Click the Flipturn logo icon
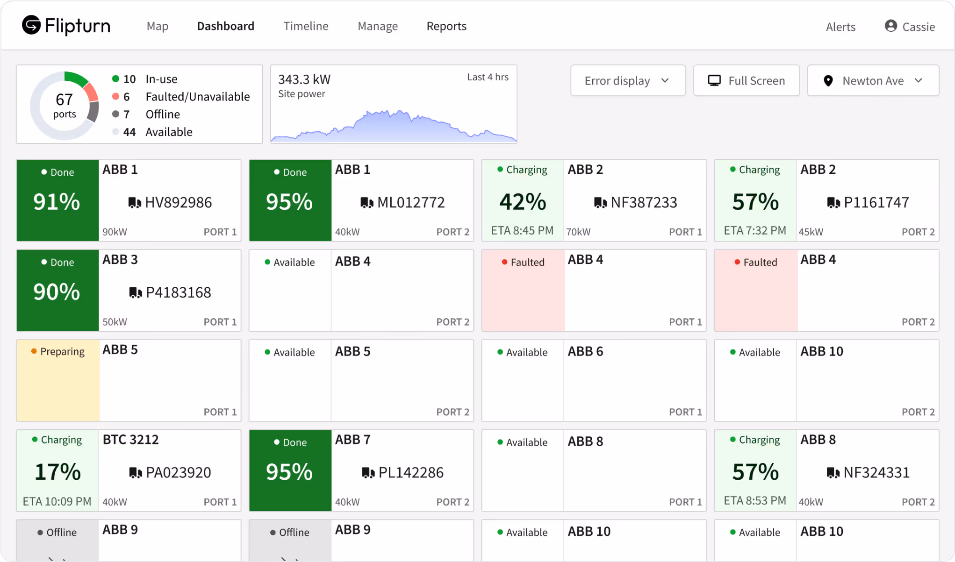[x=31, y=25]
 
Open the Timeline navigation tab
[x=306, y=26]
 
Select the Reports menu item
[x=446, y=26]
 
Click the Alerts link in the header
[x=840, y=27]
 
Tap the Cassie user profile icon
[x=891, y=26]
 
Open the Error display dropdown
[x=628, y=81]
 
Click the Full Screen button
[x=747, y=81]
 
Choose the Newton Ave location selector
[x=873, y=81]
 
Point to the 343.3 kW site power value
[x=304, y=79]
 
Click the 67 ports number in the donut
[x=64, y=100]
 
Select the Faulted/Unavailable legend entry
[x=197, y=97]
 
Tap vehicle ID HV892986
[x=178, y=203]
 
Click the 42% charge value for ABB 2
[x=523, y=202]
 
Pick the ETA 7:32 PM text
[x=755, y=230]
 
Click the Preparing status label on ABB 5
[x=62, y=351]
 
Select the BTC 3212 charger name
[x=131, y=440]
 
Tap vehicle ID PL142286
[x=410, y=473]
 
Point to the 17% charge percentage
[x=57, y=472]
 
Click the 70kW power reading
[x=579, y=232]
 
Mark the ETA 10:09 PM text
[x=57, y=502]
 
